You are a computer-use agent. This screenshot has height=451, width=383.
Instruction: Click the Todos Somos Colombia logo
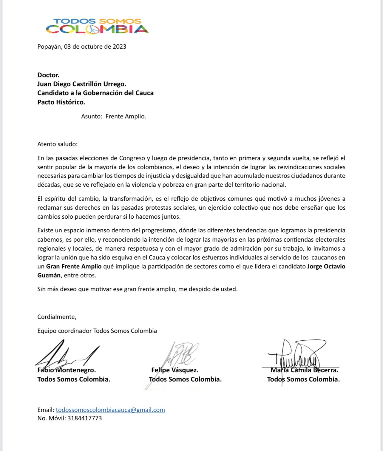[97, 26]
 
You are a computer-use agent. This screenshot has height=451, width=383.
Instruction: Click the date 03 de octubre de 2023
[95, 47]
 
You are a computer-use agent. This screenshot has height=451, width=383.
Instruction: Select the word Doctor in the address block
[48, 75]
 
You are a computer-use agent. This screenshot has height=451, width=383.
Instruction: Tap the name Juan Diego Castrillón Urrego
[82, 84]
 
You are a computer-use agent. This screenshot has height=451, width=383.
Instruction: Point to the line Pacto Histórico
[61, 102]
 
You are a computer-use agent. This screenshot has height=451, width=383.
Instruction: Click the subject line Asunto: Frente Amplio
[114, 116]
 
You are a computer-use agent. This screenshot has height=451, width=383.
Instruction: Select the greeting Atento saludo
[57, 144]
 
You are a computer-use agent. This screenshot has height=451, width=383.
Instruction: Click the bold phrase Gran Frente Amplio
[74, 266]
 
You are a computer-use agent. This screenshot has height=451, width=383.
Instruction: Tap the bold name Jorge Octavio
[326, 266]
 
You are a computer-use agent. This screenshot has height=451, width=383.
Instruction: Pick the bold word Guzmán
[49, 275]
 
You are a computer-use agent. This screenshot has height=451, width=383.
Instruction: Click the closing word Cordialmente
[57, 317]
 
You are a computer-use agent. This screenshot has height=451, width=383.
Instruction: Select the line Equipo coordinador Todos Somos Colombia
[97, 331]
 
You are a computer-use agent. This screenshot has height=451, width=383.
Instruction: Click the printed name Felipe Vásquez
[175, 370]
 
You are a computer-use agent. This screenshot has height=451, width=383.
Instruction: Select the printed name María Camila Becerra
[304, 370]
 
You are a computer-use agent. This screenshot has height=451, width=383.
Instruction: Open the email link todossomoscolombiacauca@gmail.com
[110, 410]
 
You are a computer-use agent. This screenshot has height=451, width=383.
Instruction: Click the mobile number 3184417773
[84, 418]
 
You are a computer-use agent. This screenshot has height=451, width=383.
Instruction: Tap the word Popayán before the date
[50, 47]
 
